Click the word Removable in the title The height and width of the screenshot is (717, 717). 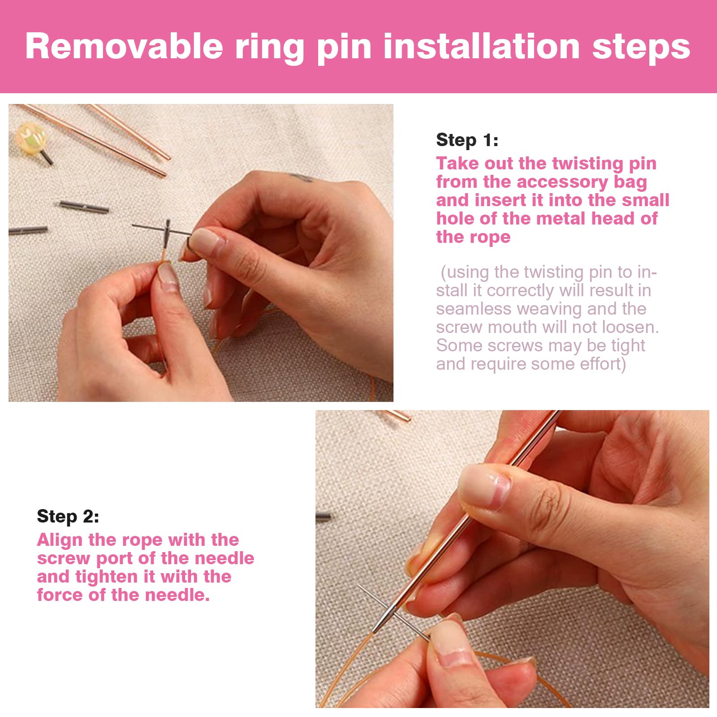(x=124, y=46)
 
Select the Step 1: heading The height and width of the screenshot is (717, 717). (x=467, y=140)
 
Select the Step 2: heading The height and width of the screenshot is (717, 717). (x=68, y=517)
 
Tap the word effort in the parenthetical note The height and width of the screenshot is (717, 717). (x=603, y=364)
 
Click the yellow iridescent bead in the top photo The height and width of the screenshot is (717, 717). (x=30, y=137)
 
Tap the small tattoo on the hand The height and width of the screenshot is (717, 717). (x=301, y=177)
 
